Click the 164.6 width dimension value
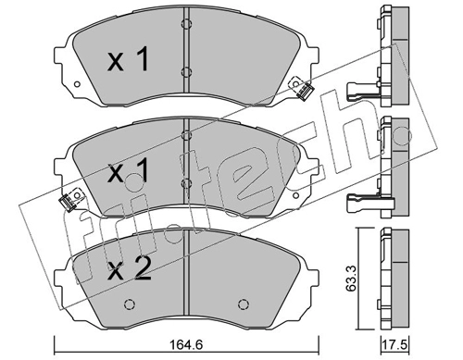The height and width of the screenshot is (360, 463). click(187, 345)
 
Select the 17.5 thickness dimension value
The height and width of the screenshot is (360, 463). click(394, 345)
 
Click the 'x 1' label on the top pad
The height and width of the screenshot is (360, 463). click(128, 59)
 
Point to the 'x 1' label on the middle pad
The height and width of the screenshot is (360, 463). click(128, 170)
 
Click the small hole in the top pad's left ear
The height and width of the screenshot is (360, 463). click(77, 84)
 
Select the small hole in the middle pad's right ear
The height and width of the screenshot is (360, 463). click(295, 195)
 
